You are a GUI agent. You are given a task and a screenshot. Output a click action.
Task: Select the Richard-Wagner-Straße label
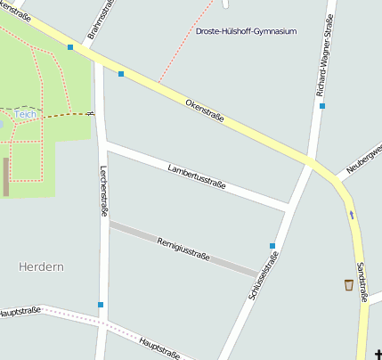coord(327,51)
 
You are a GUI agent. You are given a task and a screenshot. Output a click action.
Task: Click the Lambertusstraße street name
coord(196,176)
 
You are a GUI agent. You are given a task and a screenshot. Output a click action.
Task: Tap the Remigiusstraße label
coord(183,248)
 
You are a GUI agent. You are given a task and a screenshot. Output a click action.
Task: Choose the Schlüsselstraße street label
coord(265,277)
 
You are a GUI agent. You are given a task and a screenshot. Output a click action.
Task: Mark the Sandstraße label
coord(361,280)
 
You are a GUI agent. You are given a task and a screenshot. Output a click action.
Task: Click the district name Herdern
coord(41,266)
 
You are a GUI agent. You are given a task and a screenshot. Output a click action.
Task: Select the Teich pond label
coord(24,115)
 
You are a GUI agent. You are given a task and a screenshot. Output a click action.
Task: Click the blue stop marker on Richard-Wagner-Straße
coord(322,106)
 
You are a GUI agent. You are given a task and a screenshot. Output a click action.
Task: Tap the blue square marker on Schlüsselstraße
coord(272,245)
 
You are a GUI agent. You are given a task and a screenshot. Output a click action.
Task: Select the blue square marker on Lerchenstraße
coord(101,305)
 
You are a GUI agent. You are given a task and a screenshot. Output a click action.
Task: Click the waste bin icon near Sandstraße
coord(348,285)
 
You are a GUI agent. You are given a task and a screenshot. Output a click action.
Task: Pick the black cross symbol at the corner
coord(378,355)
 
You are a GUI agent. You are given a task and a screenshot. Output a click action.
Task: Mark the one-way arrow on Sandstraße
coord(353,214)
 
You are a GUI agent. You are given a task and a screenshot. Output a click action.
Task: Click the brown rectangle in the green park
coord(6,176)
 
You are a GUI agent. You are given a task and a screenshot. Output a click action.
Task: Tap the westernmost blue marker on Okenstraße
coord(70,47)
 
